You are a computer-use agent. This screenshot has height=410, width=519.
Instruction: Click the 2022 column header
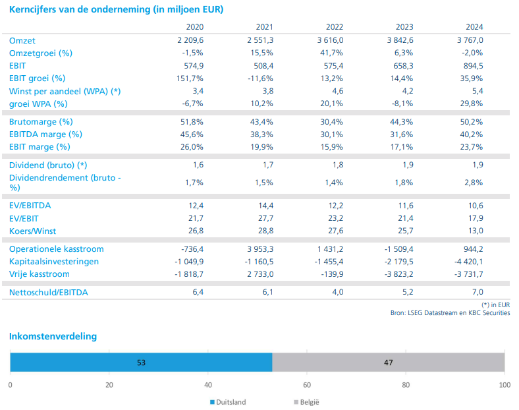pos(334,27)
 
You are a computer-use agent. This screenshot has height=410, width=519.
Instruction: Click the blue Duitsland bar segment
pos(141,362)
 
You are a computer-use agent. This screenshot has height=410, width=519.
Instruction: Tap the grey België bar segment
pos(388,362)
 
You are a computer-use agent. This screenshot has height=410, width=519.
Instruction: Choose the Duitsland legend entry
pos(228,401)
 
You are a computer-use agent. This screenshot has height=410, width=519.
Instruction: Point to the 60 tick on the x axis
pos(307,385)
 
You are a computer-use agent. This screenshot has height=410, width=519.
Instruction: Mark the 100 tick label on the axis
pos(505,385)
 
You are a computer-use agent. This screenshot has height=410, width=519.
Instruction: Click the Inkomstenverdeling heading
pos(53,336)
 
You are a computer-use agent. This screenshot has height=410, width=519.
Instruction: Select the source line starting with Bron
pos(450,313)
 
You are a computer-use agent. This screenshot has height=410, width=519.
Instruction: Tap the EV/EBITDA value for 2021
pos(264,206)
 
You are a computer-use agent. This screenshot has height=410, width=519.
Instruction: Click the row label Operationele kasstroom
pos(57,249)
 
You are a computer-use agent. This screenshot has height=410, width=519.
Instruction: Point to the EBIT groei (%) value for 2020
pos(190,78)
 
